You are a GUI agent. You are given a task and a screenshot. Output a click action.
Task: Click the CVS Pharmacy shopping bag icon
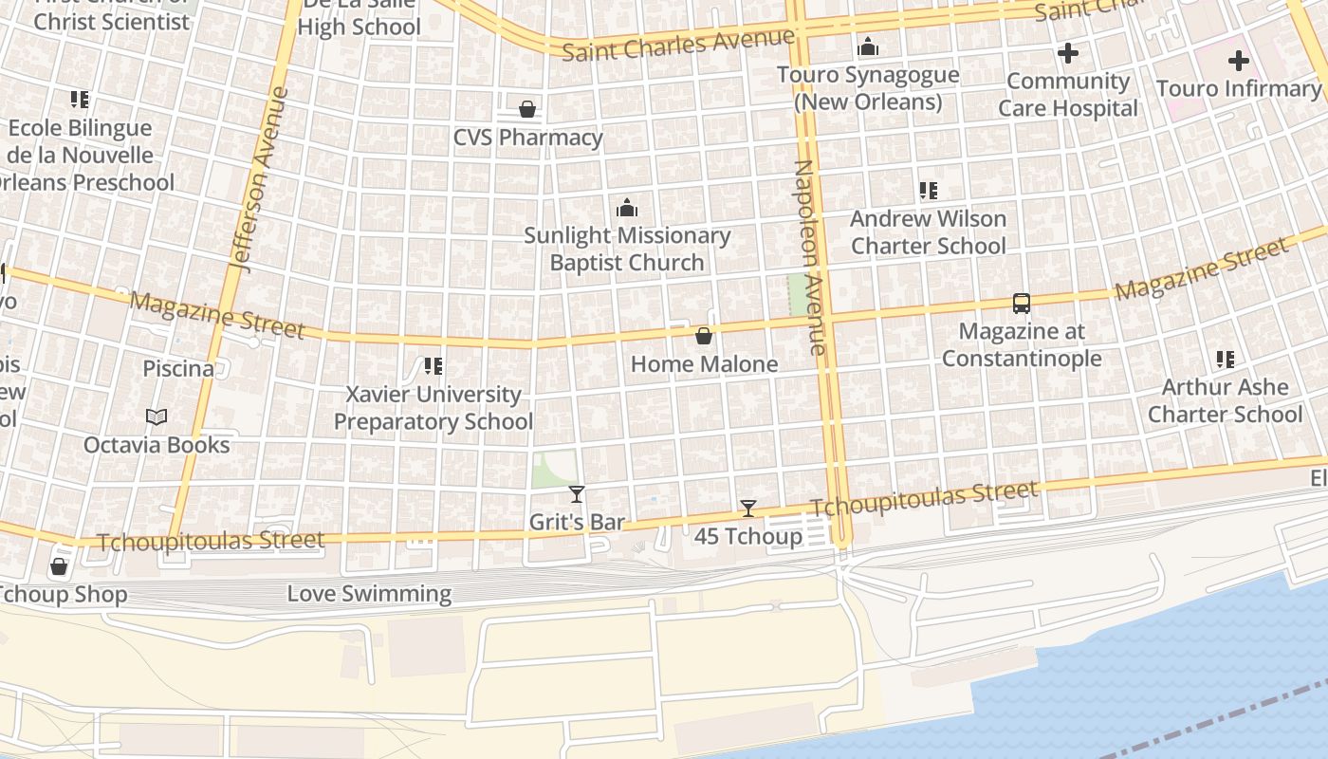(x=527, y=109)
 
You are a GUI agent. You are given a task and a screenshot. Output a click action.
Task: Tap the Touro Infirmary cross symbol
(x=1238, y=62)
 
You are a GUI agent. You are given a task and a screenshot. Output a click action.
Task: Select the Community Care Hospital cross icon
(x=1068, y=53)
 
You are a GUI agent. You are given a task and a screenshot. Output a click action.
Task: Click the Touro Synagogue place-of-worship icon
(x=868, y=46)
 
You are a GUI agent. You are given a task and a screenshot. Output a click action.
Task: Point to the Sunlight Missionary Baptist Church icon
(x=627, y=208)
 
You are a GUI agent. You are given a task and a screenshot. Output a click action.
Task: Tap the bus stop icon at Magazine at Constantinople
(x=1022, y=304)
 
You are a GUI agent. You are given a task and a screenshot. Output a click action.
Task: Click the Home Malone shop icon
(x=704, y=336)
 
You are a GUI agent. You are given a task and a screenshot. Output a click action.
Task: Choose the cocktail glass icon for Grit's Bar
(x=576, y=494)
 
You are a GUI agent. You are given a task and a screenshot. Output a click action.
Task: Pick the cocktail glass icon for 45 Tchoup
(x=748, y=509)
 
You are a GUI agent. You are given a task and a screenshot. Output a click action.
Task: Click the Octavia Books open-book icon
(x=157, y=417)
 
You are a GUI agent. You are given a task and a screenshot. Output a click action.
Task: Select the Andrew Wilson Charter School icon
(x=928, y=191)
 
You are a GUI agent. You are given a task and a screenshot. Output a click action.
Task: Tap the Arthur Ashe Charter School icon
(x=1225, y=360)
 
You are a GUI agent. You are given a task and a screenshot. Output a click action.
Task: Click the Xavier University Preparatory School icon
(x=433, y=366)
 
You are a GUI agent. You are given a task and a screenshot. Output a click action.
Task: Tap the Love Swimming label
(x=369, y=595)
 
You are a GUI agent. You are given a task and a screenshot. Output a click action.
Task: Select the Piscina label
(x=178, y=369)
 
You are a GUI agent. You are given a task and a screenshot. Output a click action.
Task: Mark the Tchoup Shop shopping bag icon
(x=59, y=567)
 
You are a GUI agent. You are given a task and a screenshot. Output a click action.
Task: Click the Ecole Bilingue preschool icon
(x=80, y=100)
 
